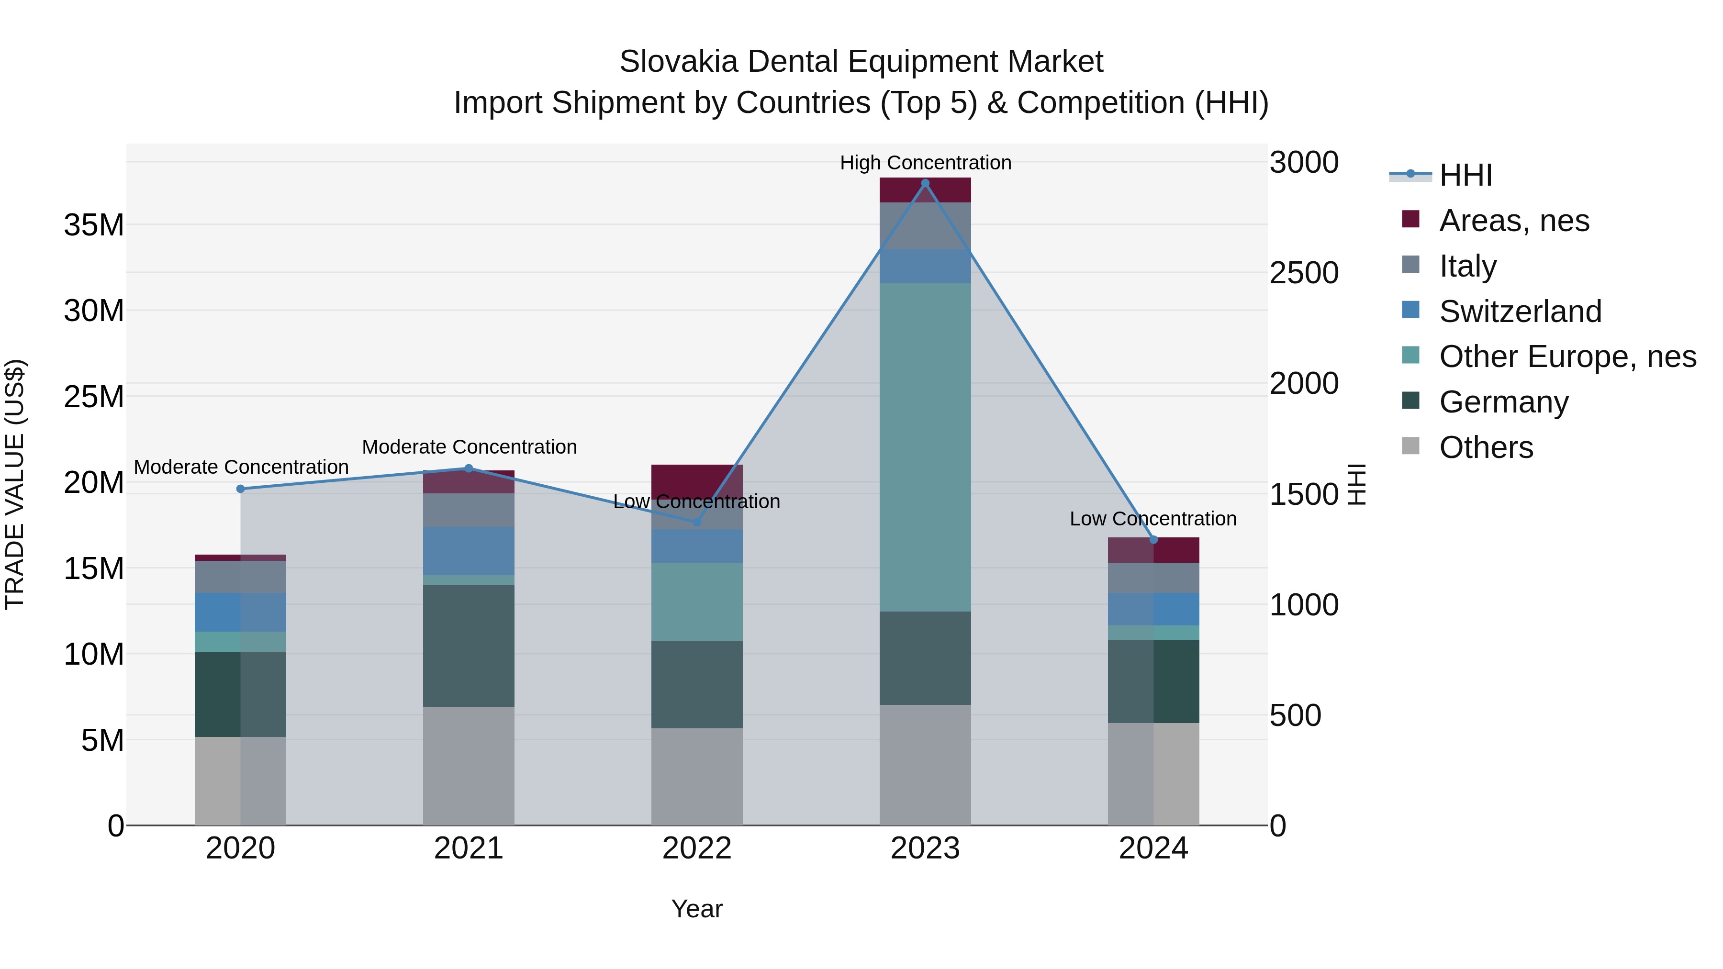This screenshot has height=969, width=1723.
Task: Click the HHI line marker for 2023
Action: (925, 183)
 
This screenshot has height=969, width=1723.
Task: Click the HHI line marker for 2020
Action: (241, 489)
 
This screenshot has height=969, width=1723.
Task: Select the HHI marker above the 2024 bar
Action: (1153, 540)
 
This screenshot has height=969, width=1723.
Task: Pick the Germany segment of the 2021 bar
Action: (468, 646)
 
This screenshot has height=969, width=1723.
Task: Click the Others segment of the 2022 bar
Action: (696, 776)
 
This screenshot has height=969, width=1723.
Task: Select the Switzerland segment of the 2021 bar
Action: (468, 551)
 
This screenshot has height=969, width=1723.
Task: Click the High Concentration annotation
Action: (925, 163)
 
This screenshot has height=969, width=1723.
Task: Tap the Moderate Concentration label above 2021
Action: (469, 447)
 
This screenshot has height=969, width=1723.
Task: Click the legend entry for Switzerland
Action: (1520, 312)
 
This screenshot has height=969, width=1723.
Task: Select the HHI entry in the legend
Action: (1466, 175)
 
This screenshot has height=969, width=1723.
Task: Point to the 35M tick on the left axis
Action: (94, 225)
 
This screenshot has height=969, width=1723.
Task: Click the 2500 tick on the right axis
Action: (1304, 273)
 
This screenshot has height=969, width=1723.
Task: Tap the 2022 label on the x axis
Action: (696, 848)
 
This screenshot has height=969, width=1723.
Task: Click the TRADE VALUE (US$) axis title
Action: (15, 484)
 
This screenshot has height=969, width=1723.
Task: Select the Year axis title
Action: (696, 909)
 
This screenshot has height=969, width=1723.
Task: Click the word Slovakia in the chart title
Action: (678, 62)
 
